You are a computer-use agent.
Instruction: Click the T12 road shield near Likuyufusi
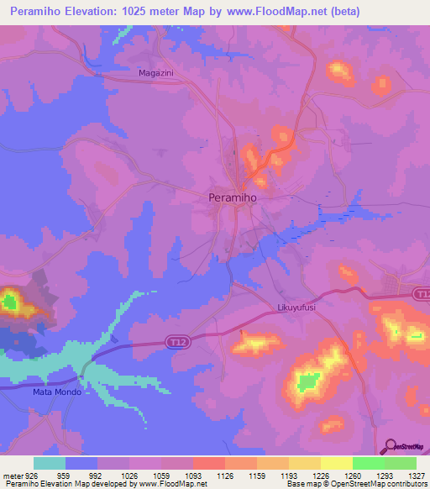pos(176,343)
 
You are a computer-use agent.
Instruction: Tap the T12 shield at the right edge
pos(422,292)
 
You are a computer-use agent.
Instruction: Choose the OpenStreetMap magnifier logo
pos(391,446)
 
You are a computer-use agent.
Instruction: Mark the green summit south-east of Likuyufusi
pos(307,382)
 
